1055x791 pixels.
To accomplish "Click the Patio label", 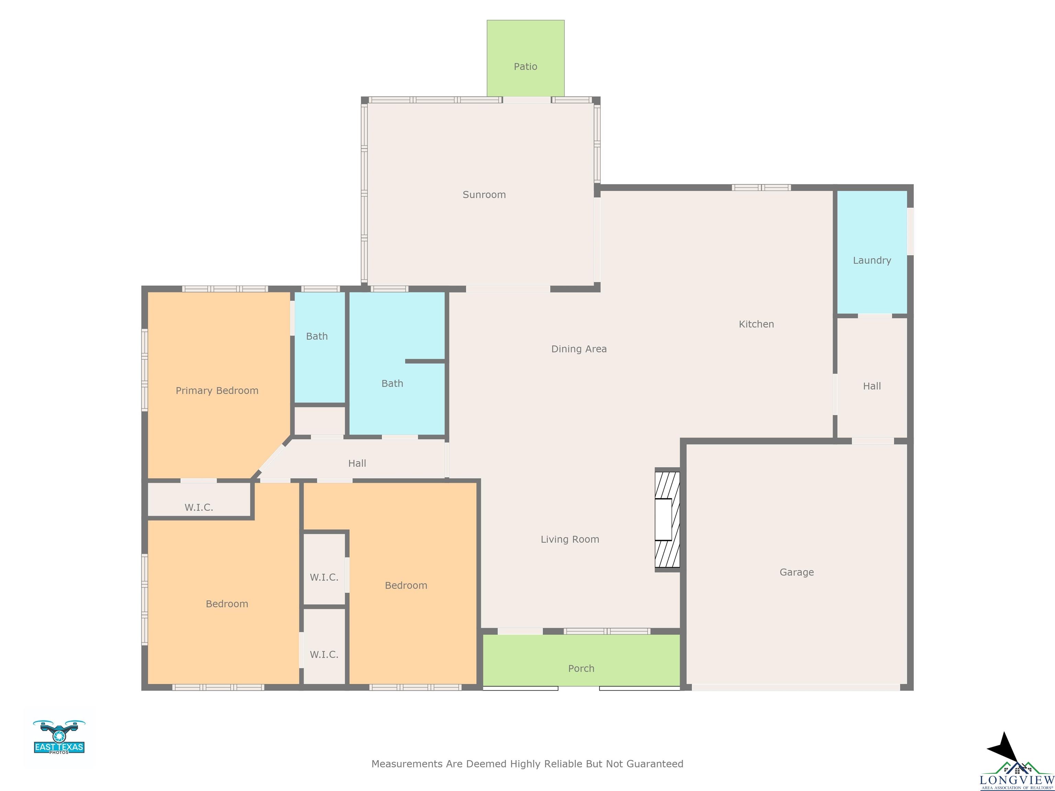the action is pos(525,67).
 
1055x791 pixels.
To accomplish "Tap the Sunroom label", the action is pos(484,195).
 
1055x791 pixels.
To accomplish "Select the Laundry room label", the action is pos(872,260).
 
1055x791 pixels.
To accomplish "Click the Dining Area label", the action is pos(579,349).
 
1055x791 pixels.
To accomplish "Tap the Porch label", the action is pos(581,668).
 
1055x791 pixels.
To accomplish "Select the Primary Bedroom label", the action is pos(217,390).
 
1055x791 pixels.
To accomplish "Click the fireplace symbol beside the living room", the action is pos(667,519).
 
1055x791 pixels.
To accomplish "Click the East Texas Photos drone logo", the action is pos(59,737).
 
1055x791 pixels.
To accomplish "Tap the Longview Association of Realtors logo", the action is pos(1017,762).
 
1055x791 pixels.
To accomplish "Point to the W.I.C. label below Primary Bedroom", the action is pos(199,507).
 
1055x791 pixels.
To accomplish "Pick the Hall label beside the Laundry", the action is pos(872,386).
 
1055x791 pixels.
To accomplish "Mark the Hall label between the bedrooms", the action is pos(357,463).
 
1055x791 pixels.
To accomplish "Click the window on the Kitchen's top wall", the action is pos(761,187).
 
